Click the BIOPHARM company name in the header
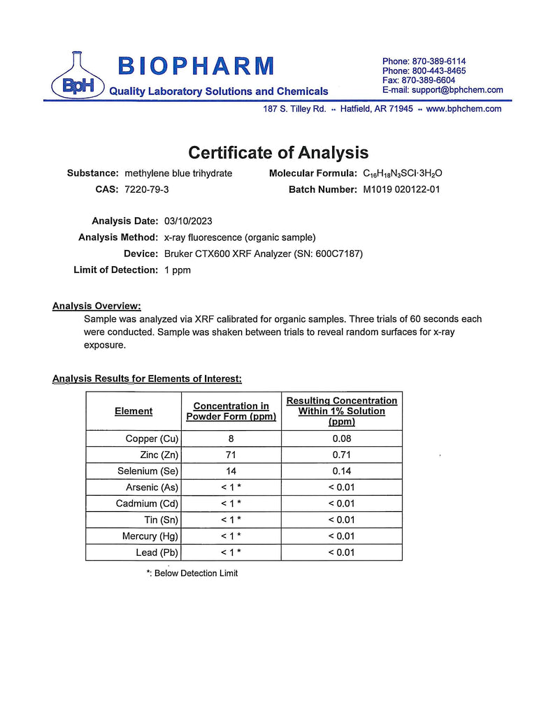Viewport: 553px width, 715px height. click(x=196, y=66)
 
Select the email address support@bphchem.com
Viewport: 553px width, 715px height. click(x=457, y=90)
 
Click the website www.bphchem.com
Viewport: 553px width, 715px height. click(x=464, y=109)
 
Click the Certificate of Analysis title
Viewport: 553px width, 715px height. click(x=278, y=152)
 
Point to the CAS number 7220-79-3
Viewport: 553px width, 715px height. click(x=146, y=189)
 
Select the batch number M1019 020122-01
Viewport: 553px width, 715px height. click(x=401, y=189)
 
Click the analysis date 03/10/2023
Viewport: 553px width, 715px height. click(x=188, y=221)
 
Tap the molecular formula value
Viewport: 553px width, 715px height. click(x=403, y=173)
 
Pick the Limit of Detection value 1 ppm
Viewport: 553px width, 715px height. click(x=178, y=270)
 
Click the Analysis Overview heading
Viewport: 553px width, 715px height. click(x=96, y=306)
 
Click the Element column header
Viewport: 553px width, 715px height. click(x=134, y=411)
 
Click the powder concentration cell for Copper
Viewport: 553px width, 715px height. click(x=231, y=439)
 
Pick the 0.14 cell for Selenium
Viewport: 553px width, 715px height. click(x=341, y=471)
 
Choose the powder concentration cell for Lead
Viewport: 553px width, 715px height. click(x=231, y=552)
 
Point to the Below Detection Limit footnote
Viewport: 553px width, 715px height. click(x=192, y=573)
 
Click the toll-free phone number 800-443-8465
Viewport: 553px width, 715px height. click(x=424, y=71)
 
